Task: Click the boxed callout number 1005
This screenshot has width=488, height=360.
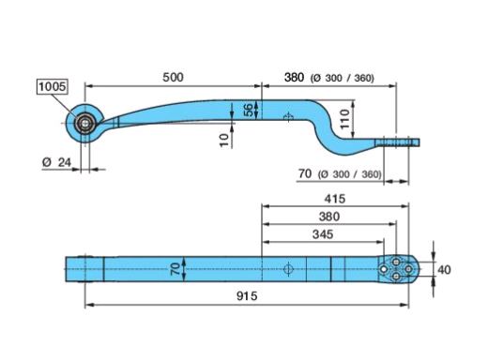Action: click(53, 86)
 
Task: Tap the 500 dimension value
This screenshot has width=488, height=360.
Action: click(173, 77)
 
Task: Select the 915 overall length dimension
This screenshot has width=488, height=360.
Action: click(247, 295)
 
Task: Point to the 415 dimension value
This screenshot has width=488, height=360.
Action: click(335, 199)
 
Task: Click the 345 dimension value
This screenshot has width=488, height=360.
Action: click(323, 234)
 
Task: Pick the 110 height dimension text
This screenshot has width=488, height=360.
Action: click(344, 119)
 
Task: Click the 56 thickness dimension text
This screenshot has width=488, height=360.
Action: click(249, 110)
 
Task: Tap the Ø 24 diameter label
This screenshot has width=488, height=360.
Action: click(56, 162)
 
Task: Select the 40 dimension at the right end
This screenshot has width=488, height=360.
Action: click(444, 270)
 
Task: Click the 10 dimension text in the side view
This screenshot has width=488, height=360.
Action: click(224, 141)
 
